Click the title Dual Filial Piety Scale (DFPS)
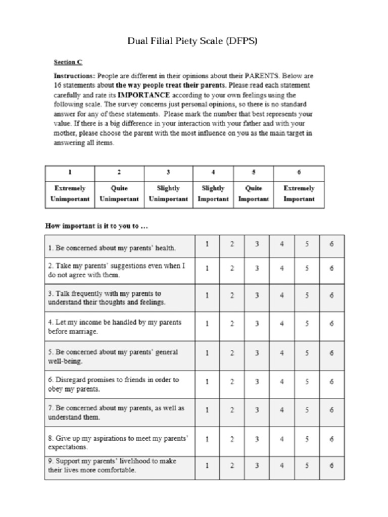click(x=192, y=41)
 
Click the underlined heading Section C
click(x=68, y=63)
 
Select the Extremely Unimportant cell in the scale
click(x=70, y=193)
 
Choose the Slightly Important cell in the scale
click(x=213, y=193)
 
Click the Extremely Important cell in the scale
click(x=299, y=193)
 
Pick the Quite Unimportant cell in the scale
click(x=119, y=193)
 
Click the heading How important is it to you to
click(x=97, y=226)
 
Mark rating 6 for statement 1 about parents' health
click(x=331, y=244)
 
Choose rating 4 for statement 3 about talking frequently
click(x=282, y=295)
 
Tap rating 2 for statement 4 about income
click(x=232, y=324)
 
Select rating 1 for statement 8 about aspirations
click(x=207, y=439)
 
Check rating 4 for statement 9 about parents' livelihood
click(x=282, y=466)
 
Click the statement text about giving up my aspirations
click(x=118, y=443)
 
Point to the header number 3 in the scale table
click(x=168, y=172)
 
